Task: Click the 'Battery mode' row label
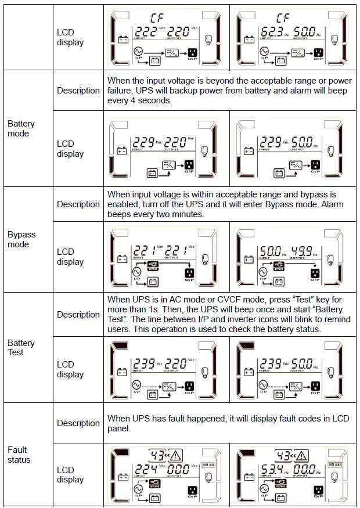pos(21,128)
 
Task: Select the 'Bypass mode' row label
pos(21,239)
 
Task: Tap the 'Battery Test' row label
pos(21,348)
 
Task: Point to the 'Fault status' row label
pos(19,455)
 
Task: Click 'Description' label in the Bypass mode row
pos(78,204)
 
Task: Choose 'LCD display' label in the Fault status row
pos(70,474)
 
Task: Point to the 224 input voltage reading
pos(144,470)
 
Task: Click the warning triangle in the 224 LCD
pos(175,456)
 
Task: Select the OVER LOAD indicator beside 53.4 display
pos(334,464)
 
